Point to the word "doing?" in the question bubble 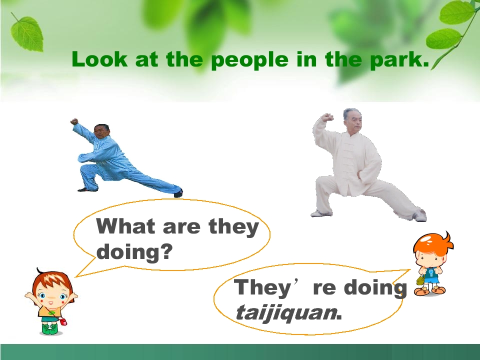pos(134,251)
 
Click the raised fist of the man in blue pos(74,121)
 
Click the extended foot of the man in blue pos(178,193)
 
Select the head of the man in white pos(351,120)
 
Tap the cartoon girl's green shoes pos(50,328)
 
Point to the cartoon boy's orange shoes pos(431,290)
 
